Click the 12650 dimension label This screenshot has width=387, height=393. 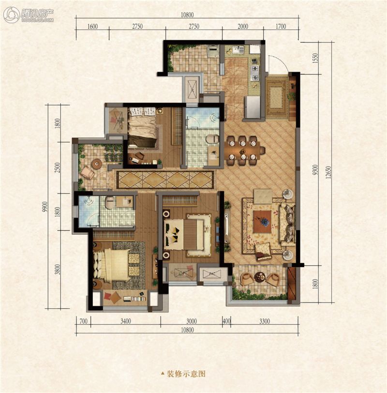tap(328, 172)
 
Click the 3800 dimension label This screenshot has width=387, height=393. tap(58, 269)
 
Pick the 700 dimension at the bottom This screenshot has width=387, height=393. tap(83, 321)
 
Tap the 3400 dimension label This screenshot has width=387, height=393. tap(125, 321)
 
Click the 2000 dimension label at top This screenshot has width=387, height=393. tap(242, 26)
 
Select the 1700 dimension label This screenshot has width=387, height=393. tap(281, 26)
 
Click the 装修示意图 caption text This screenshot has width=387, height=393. tap(186, 374)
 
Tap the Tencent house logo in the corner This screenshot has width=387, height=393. tap(29, 15)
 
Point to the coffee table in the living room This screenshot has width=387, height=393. tap(262, 222)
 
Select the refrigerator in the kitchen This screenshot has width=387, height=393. tap(253, 107)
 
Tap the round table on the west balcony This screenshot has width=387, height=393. tap(96, 164)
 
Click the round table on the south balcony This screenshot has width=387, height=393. tap(259, 277)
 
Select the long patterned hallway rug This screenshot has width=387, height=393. tap(165, 180)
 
